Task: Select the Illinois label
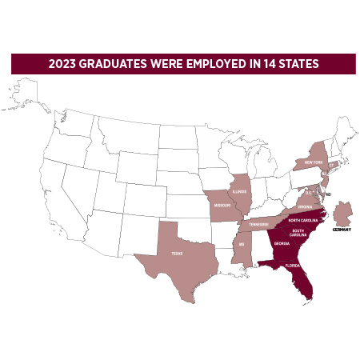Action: click(x=242, y=192)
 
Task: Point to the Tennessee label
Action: click(x=259, y=225)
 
